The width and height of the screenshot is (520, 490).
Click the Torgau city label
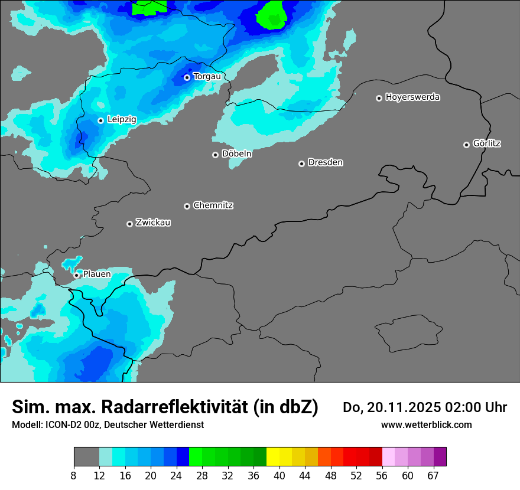[x=207, y=77]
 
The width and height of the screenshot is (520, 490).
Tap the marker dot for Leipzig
[x=100, y=120]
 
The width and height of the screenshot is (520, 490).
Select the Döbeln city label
[x=236, y=154]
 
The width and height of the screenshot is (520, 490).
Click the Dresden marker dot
[x=301, y=164]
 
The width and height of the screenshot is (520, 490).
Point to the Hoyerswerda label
[x=412, y=97]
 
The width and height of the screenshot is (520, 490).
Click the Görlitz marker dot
[x=466, y=145]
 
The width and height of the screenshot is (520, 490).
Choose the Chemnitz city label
[x=213, y=205]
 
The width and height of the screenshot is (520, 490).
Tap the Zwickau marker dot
[x=129, y=224]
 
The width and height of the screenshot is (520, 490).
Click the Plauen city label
[x=96, y=275]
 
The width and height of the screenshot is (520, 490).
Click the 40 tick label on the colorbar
[x=279, y=476]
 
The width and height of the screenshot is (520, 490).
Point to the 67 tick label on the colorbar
[x=433, y=476]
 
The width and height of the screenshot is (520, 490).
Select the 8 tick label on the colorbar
[x=74, y=476]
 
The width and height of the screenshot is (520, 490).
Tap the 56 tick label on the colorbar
[x=382, y=476]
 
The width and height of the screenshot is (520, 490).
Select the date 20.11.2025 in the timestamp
[x=399, y=407]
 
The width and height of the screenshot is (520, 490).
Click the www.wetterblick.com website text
[x=426, y=424]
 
